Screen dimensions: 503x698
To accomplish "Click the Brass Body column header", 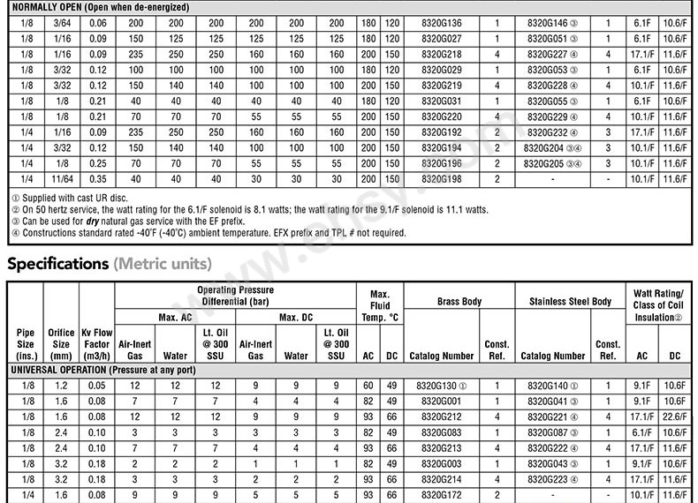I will pyautogui.click(x=459, y=302).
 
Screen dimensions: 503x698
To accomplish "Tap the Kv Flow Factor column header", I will pyautogui.click(x=96, y=344).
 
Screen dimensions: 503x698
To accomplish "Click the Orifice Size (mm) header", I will pyautogui.click(x=62, y=344).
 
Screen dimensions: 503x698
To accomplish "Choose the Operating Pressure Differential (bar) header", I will pyautogui.click(x=235, y=296).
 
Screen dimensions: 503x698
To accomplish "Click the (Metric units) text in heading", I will pyautogui.click(x=162, y=264).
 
